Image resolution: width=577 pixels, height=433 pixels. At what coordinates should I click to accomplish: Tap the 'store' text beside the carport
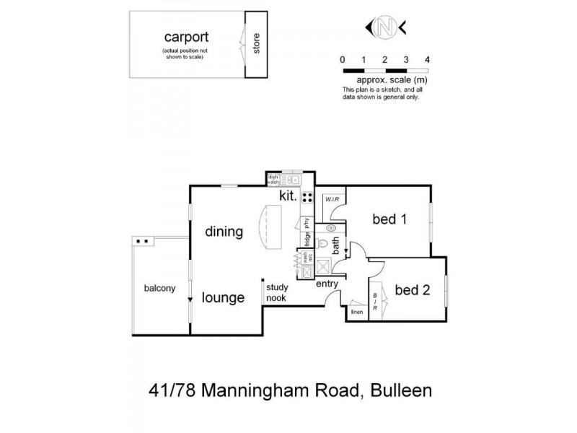pos(255,44)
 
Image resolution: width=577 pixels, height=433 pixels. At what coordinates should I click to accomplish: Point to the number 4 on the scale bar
pos(428,59)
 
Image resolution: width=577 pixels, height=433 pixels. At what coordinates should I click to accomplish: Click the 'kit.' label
pos(288,196)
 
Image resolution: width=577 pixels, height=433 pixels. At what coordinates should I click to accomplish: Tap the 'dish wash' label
pos(273,180)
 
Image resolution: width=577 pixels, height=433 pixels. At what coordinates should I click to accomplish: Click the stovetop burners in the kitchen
pos(307,197)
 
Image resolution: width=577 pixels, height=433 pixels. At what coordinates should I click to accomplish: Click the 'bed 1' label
pos(389,219)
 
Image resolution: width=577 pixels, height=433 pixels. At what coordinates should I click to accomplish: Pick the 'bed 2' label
pos(413,290)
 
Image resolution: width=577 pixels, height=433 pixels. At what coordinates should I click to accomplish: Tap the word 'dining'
pos(224,232)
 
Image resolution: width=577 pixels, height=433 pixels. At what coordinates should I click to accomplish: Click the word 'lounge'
pos(223,297)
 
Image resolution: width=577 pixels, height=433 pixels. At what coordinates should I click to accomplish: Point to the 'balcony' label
pos(159,289)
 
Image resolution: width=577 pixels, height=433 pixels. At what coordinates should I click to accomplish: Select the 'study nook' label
pos(276,292)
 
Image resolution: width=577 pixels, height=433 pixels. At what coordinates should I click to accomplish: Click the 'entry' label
pos(327,284)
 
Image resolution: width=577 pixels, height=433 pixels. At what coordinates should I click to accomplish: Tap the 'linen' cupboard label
pos(356,312)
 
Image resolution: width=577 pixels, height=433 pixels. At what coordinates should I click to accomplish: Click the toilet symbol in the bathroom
pos(324,244)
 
